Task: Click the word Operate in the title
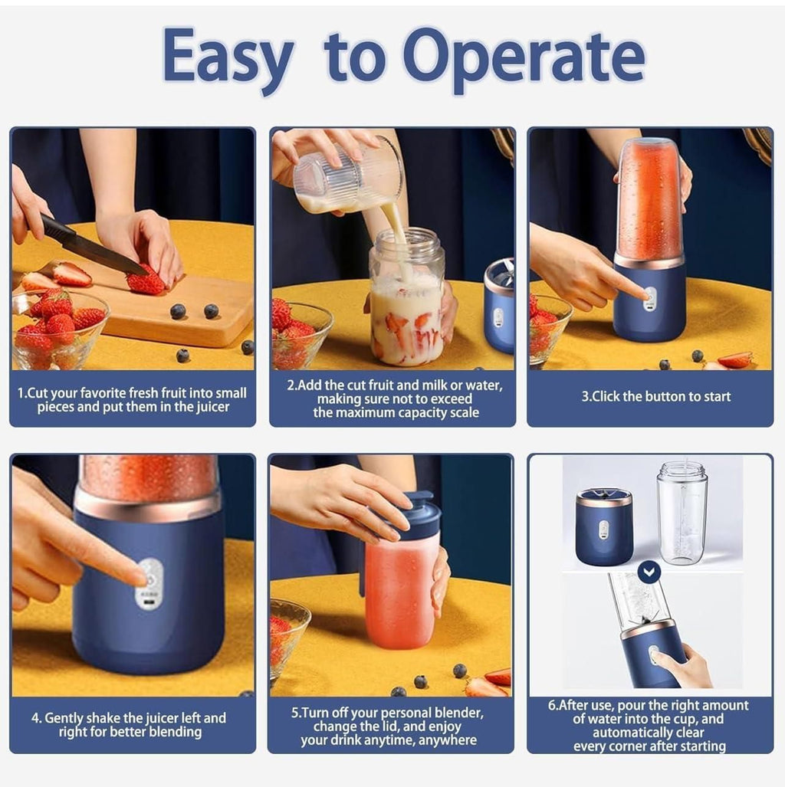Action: (x=524, y=57)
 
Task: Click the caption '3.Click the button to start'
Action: (x=655, y=397)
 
